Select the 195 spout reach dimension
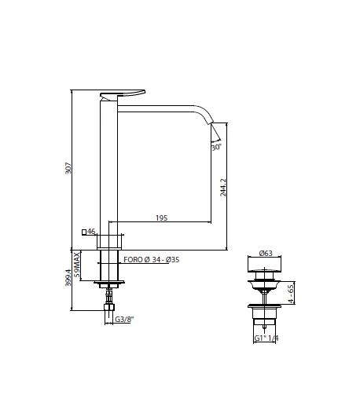pos(160,218)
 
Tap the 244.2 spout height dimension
pos(226,188)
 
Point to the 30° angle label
pos(215,147)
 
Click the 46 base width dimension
pos(92,232)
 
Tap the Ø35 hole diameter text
pos(171,259)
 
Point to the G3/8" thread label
pos(123,319)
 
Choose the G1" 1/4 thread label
pos(266,338)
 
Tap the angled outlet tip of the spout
pos(215,128)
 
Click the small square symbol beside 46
pos(84,232)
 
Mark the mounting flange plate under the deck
pos(109,283)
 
